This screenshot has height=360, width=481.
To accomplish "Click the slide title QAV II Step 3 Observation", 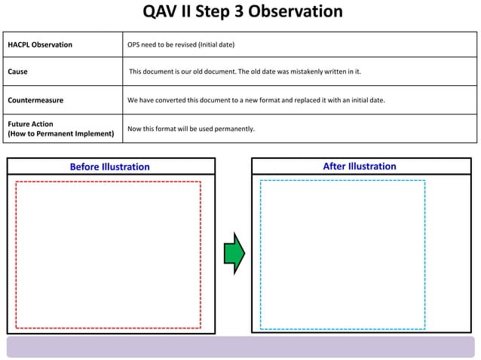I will pyautogui.click(x=242, y=12).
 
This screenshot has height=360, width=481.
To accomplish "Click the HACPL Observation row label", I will pyautogui.click(x=40, y=45).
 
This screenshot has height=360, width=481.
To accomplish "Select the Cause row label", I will pyautogui.click(x=18, y=72).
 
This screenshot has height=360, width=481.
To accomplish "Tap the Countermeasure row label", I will pyautogui.click(x=35, y=100).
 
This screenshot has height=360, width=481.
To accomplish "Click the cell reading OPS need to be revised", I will pyautogui.click(x=181, y=45).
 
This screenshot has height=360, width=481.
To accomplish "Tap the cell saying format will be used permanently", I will pyautogui.click(x=191, y=129).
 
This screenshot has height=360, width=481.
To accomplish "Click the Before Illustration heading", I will pyautogui.click(x=110, y=167).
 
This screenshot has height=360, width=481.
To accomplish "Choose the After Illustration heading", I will pyautogui.click(x=360, y=166).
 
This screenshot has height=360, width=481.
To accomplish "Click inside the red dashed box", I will pyautogui.click(x=108, y=255).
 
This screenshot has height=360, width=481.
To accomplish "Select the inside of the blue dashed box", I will pyautogui.click(x=342, y=255).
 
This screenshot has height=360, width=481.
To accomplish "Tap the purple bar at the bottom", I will pyautogui.click(x=241, y=347).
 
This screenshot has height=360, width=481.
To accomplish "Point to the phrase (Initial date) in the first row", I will pyautogui.click(x=216, y=45).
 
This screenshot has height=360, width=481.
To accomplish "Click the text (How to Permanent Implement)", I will pyautogui.click(x=60, y=134).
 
